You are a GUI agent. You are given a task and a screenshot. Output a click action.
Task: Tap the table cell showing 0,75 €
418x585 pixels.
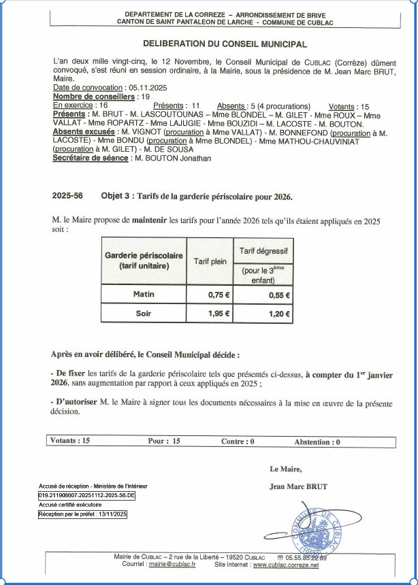coord(219,295)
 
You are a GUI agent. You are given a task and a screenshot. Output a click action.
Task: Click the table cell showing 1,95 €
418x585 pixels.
coord(219,314)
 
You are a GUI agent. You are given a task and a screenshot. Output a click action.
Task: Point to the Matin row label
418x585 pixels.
coord(144,295)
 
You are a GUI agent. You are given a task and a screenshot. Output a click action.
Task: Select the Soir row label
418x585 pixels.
coord(144,314)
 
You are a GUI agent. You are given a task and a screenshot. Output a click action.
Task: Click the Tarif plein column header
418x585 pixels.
coord(210,261)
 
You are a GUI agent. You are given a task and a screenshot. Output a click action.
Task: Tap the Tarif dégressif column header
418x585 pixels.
coord(263,251)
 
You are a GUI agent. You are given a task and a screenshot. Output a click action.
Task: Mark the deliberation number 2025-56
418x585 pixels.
coord(67,196)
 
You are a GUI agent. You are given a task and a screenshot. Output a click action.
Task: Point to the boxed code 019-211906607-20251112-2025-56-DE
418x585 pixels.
coord(86,496)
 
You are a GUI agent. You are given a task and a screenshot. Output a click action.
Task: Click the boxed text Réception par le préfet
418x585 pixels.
coord(82,514)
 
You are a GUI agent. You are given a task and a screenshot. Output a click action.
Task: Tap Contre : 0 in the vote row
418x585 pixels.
coord(238,441)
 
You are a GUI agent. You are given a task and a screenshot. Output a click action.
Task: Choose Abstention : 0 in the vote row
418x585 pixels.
coord(317,441)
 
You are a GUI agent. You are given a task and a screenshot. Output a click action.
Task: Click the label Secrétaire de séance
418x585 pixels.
coord(91,158)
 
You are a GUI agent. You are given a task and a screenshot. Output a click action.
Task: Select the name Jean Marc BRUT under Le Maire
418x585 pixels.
coord(298,486)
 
